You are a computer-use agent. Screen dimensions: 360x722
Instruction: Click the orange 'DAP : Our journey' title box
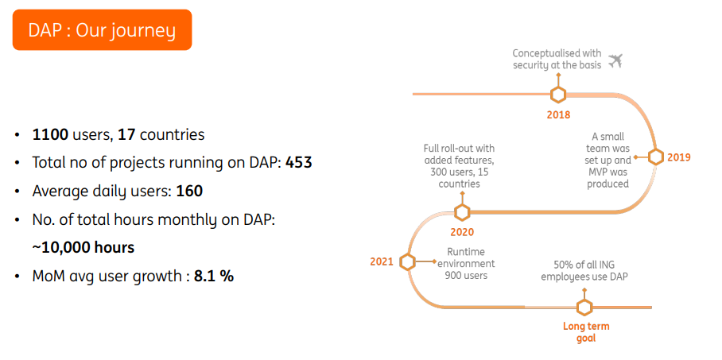tap(102, 30)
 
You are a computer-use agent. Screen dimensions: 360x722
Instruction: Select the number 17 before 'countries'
tap(126, 134)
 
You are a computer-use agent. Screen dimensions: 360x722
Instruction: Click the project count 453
tap(299, 163)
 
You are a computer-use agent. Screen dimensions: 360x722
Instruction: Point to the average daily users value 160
tap(189, 192)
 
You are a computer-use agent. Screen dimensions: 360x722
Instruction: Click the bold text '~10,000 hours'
tap(83, 247)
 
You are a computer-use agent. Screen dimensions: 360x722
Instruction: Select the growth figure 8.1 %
tap(214, 277)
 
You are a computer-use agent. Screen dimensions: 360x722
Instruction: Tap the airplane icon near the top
tap(615, 60)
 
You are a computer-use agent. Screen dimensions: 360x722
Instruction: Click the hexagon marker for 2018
tap(558, 95)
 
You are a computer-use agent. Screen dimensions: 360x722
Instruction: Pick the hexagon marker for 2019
tap(655, 157)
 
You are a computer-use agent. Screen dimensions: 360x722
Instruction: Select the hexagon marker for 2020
tap(462, 212)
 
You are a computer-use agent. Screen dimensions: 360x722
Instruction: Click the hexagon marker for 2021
tap(408, 261)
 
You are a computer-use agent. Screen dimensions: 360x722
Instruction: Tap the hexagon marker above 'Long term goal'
tap(585, 308)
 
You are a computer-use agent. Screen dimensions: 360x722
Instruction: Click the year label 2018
tap(558, 114)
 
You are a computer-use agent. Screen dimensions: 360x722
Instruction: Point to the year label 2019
tap(678, 157)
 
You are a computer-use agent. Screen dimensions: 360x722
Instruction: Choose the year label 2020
tap(462, 232)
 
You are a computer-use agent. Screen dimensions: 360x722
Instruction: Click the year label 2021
tap(382, 261)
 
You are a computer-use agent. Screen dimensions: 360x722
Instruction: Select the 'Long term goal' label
tap(585, 332)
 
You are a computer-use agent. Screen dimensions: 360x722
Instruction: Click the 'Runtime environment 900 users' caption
tap(465, 264)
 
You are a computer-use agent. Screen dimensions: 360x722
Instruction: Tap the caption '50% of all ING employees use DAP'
tap(585, 270)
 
